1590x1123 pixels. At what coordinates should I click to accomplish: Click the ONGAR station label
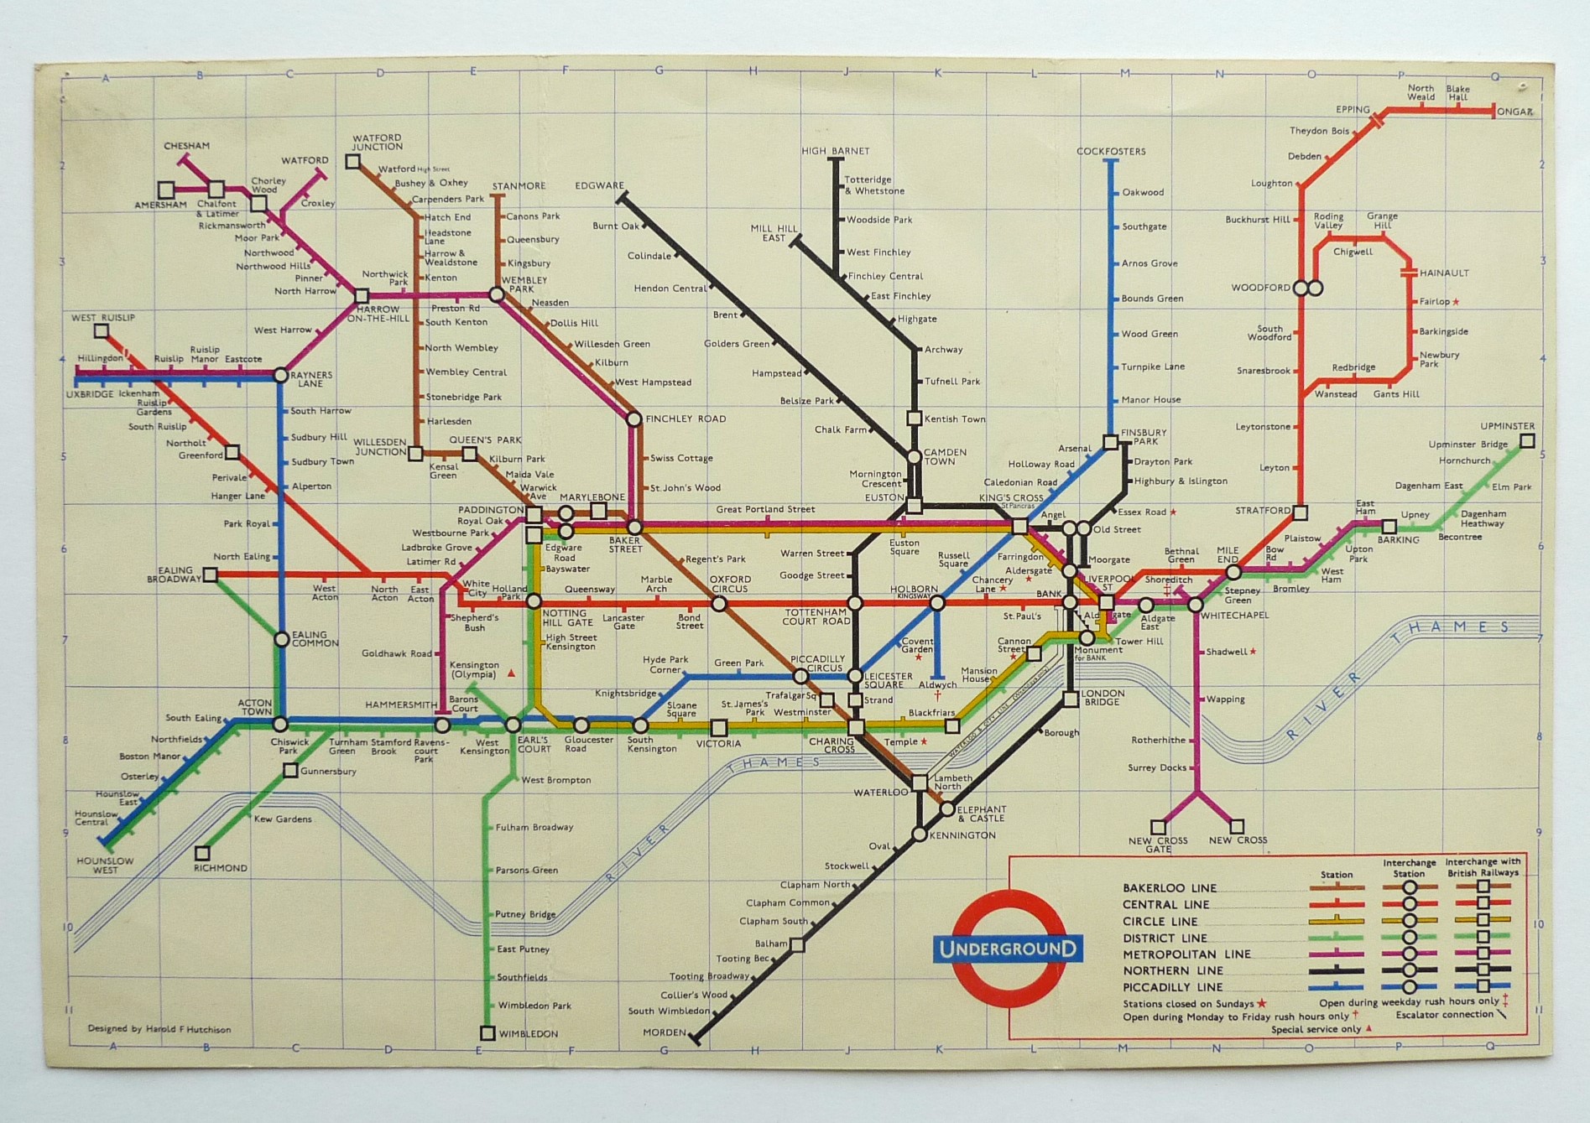click(x=1516, y=112)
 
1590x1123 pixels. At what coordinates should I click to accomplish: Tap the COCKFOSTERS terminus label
click(x=1111, y=152)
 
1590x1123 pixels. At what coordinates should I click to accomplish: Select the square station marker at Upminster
click(x=1527, y=441)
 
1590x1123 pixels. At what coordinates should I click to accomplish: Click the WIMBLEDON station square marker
click(x=487, y=1033)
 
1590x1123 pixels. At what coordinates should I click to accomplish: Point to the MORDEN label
click(x=665, y=1032)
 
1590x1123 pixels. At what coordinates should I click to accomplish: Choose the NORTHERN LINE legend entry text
click(x=1173, y=970)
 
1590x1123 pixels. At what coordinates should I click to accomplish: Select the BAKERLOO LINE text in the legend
click(x=1170, y=888)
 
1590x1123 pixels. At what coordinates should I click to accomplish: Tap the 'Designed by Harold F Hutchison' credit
click(x=159, y=1029)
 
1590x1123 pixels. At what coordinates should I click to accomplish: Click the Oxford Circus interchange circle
click(x=718, y=603)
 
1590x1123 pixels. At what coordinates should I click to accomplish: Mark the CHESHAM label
click(x=186, y=146)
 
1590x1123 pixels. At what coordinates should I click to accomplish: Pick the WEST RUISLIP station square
click(x=102, y=331)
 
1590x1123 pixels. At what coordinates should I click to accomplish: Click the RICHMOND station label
click(x=221, y=868)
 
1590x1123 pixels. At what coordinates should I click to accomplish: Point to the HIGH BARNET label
click(x=835, y=152)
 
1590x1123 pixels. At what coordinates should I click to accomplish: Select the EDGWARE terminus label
click(x=599, y=186)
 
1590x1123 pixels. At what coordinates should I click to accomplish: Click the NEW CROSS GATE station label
click(x=1158, y=845)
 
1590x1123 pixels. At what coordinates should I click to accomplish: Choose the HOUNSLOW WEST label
click(x=105, y=866)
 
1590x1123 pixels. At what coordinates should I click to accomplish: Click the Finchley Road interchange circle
click(x=633, y=419)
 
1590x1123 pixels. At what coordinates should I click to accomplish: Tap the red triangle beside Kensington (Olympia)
click(x=511, y=673)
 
